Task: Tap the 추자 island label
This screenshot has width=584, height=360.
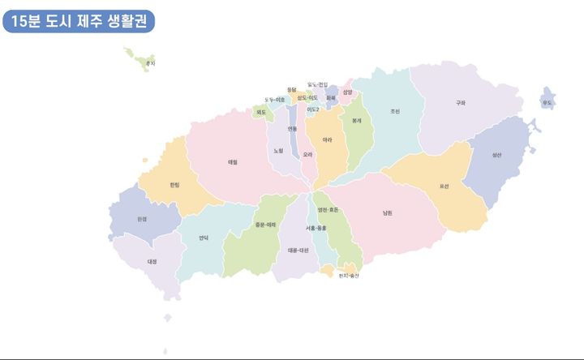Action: [x=149, y=63]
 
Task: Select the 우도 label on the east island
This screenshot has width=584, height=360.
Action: [x=547, y=103]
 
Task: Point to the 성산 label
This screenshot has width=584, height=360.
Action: [x=496, y=155]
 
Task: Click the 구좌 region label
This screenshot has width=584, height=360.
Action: [x=461, y=103]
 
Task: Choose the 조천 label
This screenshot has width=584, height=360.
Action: [x=394, y=111]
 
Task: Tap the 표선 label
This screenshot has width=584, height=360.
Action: [x=444, y=186]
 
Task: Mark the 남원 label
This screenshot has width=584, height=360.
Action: [x=388, y=213]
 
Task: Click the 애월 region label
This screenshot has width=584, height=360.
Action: [x=232, y=161]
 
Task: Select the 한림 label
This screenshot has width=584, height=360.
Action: [x=174, y=185]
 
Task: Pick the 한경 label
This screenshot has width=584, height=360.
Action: [x=142, y=219]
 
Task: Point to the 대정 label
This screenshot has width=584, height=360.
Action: [x=152, y=261]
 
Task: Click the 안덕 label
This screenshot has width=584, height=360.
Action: [x=204, y=238]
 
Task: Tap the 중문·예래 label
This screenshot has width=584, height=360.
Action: [x=265, y=225]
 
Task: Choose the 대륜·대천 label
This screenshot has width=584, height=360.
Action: [x=298, y=251]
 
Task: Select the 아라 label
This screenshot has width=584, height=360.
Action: [x=327, y=140]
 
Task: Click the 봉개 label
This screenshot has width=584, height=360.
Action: [x=355, y=120]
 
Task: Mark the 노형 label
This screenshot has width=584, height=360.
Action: [x=278, y=150]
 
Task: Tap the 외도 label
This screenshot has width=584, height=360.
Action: [x=261, y=112]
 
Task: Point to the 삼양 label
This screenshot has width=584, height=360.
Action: [x=347, y=92]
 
